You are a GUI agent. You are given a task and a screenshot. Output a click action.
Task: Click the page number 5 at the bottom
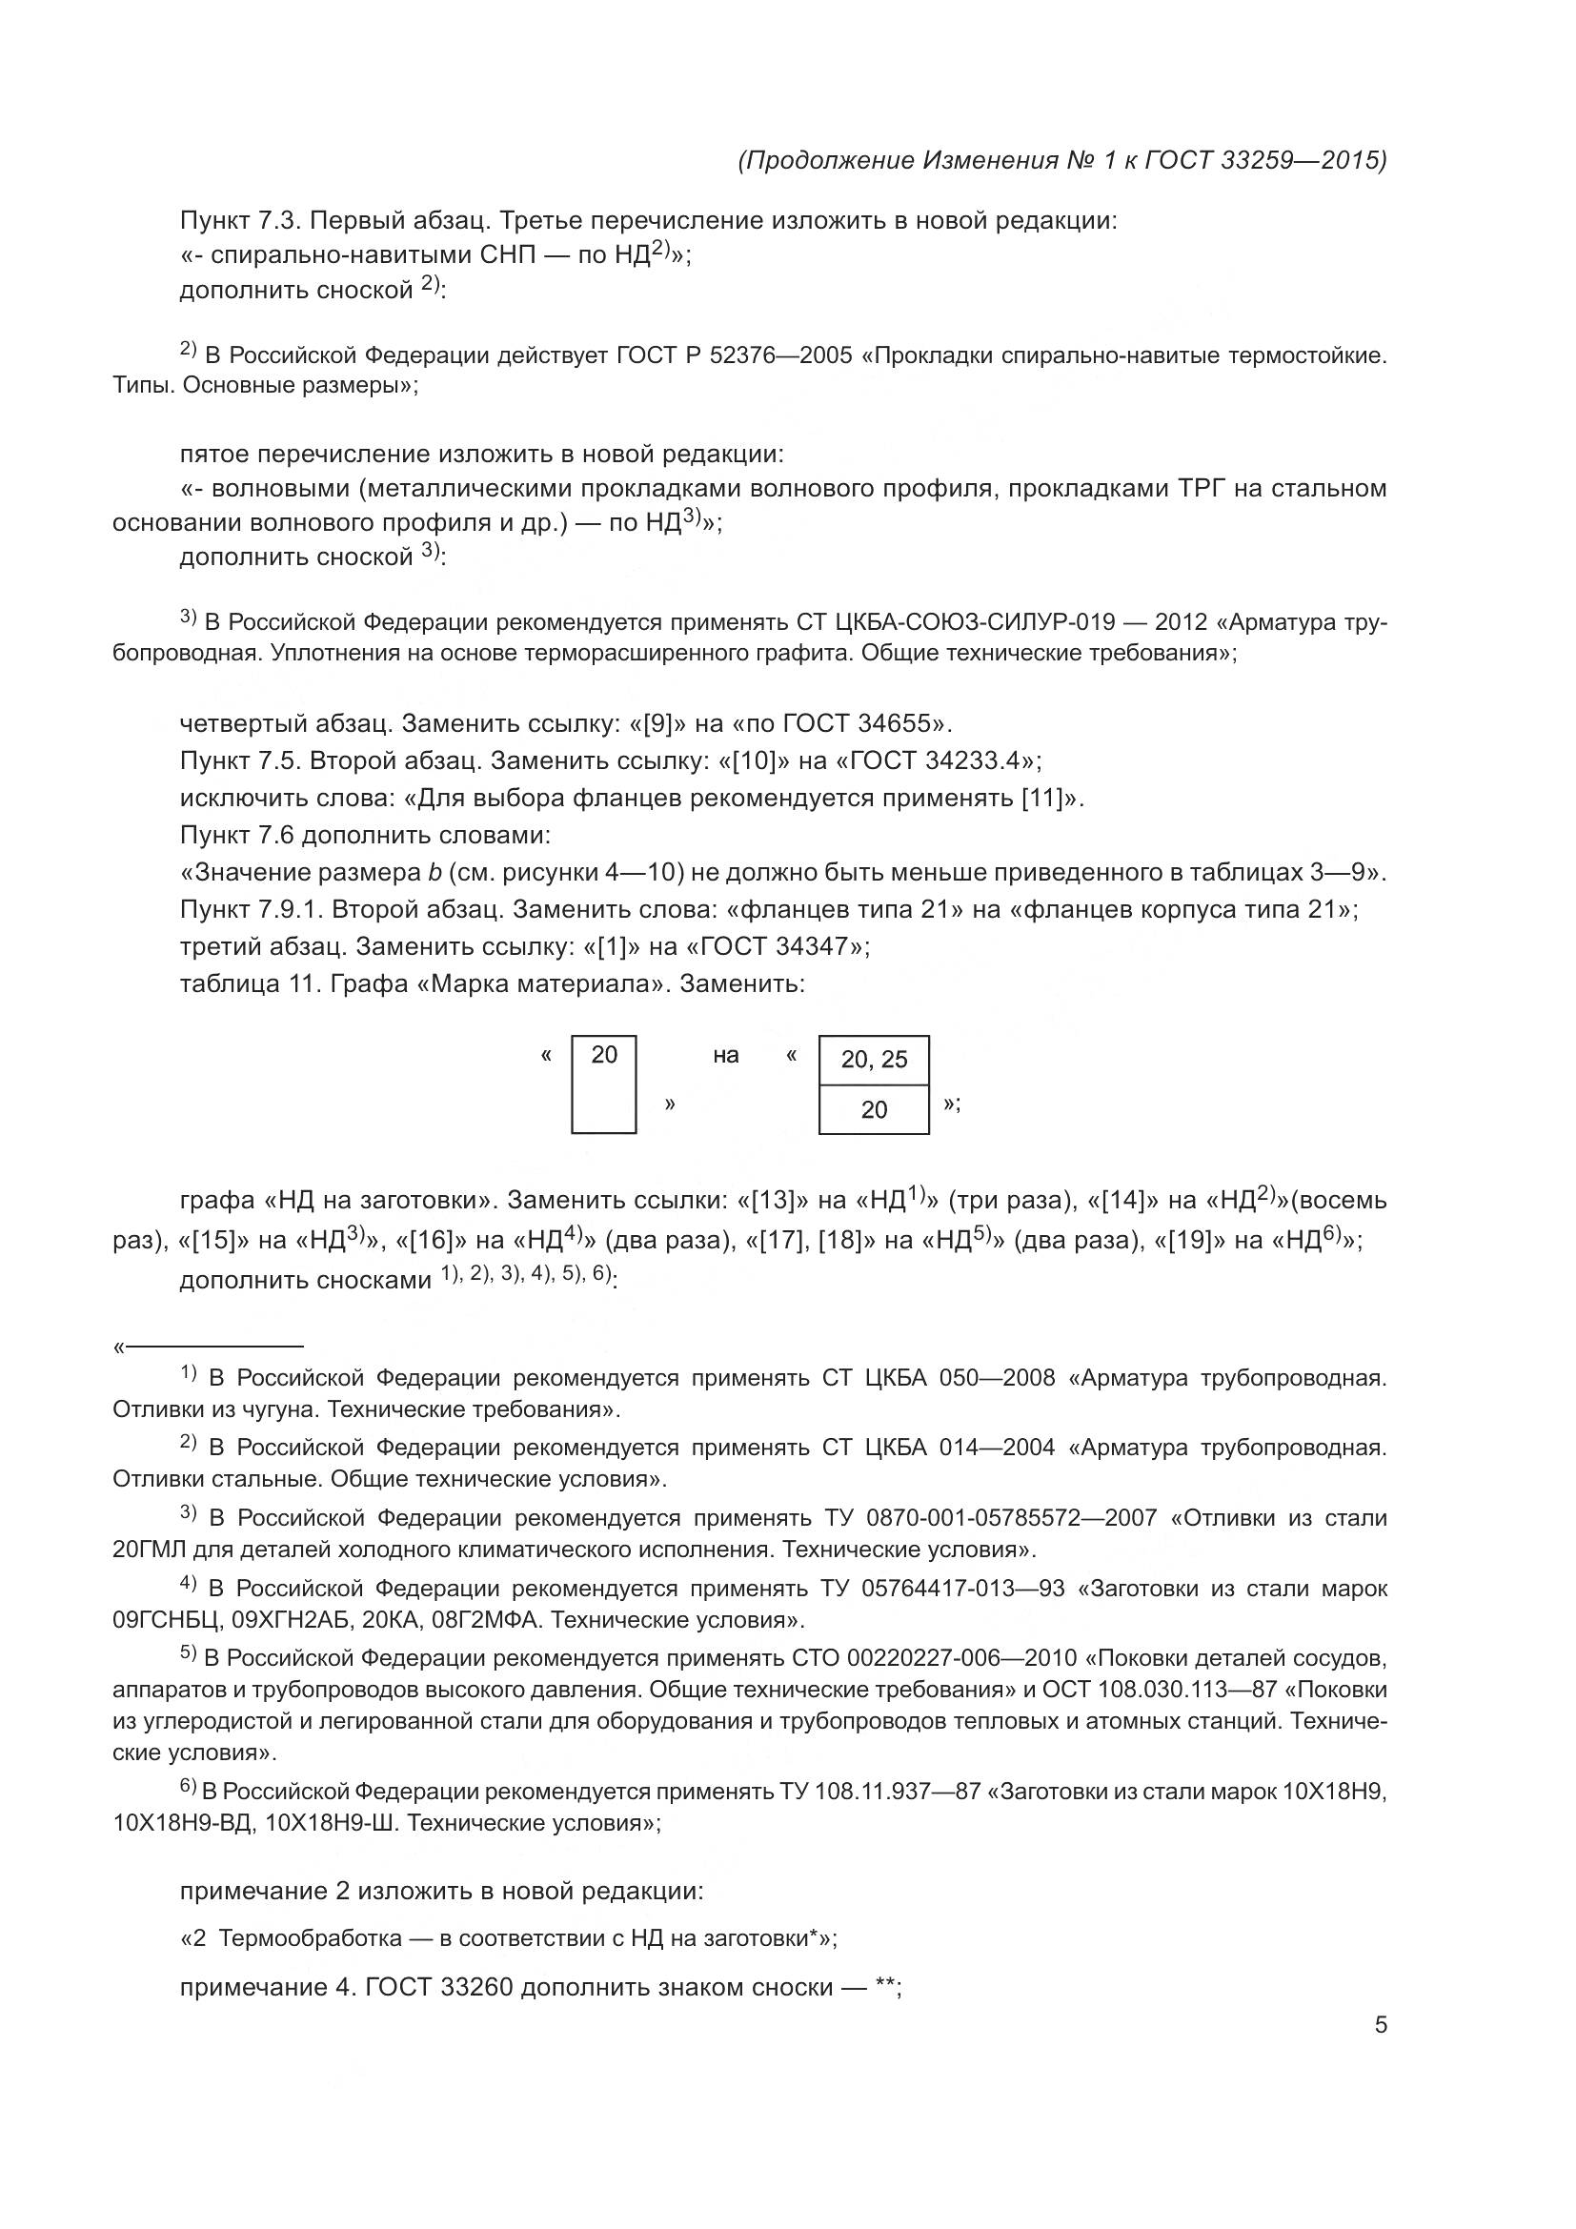1380,2024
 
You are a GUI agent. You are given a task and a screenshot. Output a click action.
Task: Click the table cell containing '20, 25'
874,1059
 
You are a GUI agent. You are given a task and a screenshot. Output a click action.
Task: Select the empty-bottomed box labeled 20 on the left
603,1084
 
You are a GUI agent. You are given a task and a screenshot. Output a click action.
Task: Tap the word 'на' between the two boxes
725,1055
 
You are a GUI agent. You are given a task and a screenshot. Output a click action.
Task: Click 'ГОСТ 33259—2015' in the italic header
1265,160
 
